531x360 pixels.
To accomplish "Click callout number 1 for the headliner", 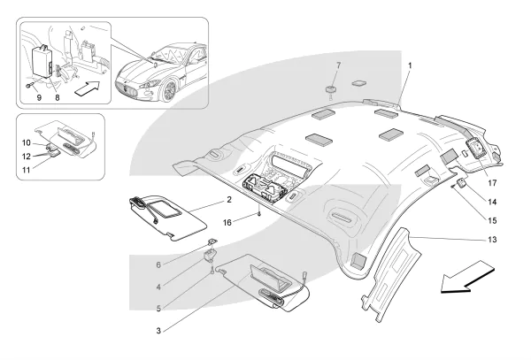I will [x=410, y=65].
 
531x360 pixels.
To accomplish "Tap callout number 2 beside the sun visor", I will [x=228, y=201].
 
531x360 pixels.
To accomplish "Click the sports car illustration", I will [x=165, y=71].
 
